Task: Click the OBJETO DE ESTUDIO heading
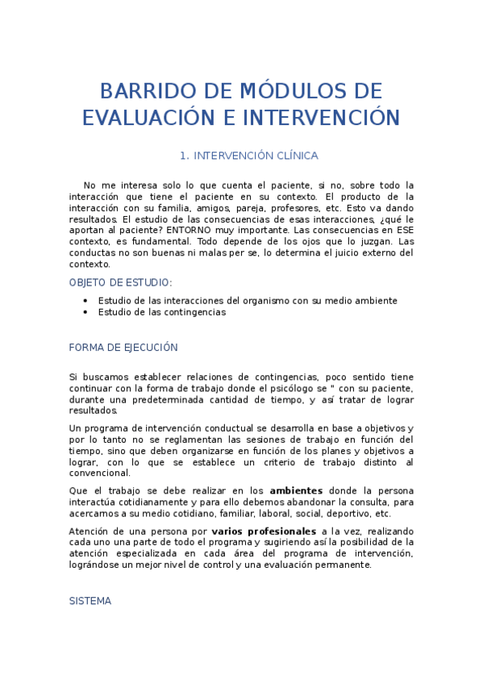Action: (121, 282)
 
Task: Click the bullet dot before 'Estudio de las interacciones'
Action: (85, 301)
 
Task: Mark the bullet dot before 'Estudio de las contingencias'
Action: (85, 312)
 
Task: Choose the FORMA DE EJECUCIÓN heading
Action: (123, 348)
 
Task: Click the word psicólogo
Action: (314, 388)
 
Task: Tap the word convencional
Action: (99, 473)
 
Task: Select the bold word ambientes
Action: (296, 490)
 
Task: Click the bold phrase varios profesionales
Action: (264, 532)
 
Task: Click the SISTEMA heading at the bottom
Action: (90, 602)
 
